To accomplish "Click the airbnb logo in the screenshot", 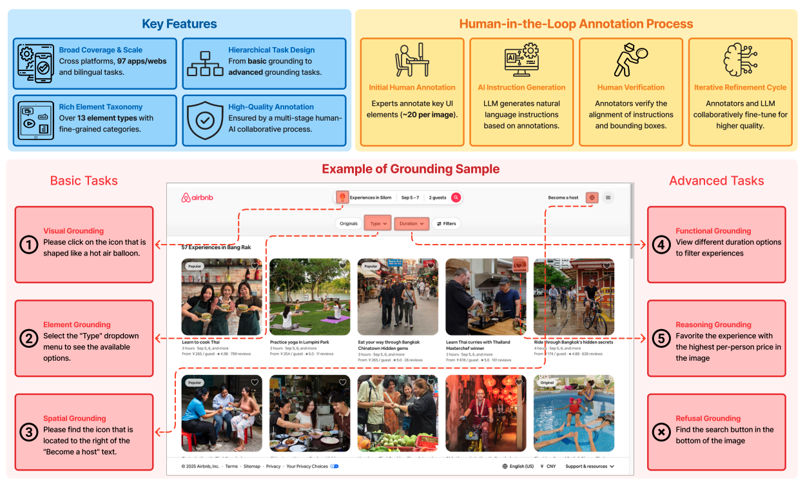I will [x=195, y=197].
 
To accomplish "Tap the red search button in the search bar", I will [x=456, y=197].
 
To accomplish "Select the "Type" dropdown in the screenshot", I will [x=378, y=223].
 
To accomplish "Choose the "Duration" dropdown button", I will [x=412, y=223].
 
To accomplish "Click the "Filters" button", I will [x=446, y=223].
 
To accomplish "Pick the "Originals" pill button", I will [x=349, y=223].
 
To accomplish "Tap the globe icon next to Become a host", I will [x=592, y=197].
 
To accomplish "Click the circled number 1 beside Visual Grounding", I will [x=28, y=245].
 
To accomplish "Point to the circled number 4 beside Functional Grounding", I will [x=661, y=245].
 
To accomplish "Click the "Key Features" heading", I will [x=179, y=25].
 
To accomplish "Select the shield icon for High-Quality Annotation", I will [x=204, y=119].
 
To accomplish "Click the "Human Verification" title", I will [x=631, y=87].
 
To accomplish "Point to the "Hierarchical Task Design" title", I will [x=271, y=50].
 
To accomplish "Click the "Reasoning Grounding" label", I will [x=713, y=325].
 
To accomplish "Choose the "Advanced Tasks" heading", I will [x=717, y=181].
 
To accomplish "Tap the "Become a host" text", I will [x=563, y=197].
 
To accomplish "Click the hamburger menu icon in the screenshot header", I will [x=608, y=197].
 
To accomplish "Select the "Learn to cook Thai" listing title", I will [x=200, y=342].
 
